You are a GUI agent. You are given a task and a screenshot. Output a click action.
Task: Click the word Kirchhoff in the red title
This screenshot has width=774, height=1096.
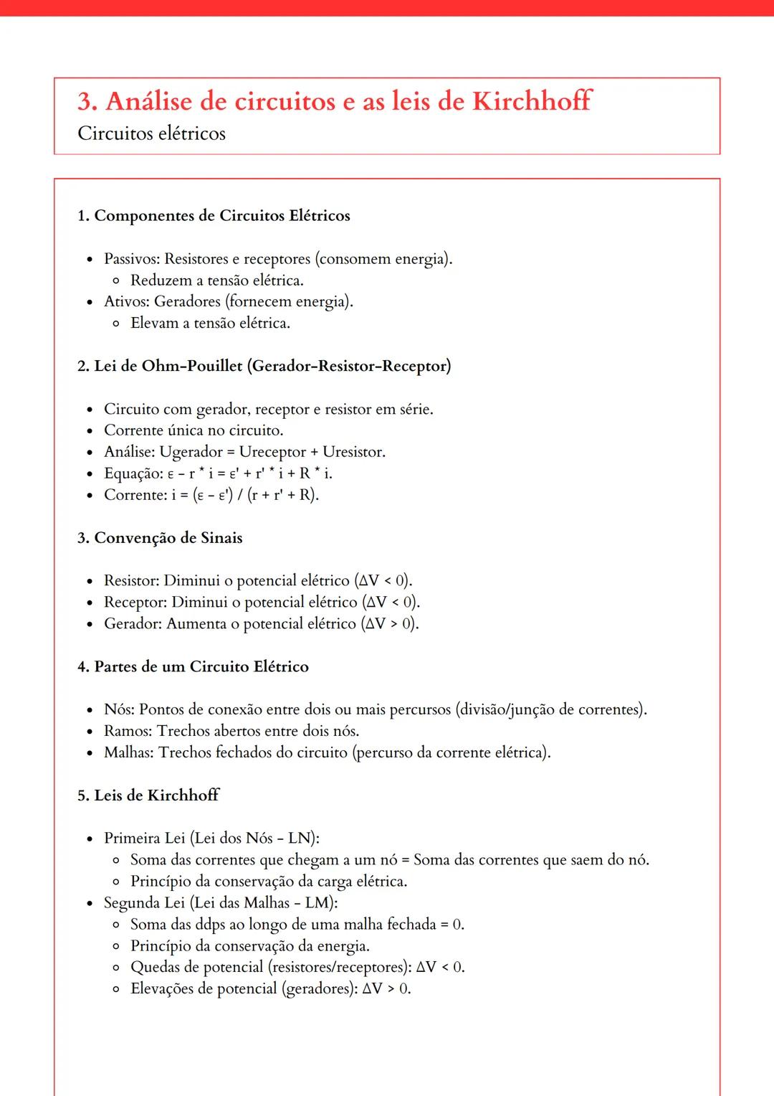tap(531, 101)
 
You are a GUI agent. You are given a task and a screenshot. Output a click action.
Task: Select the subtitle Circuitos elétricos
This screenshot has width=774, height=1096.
tap(151, 133)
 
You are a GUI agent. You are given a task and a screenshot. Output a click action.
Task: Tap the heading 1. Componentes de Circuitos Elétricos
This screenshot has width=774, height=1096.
tap(214, 216)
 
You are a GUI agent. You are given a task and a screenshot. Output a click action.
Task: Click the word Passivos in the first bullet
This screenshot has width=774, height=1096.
tap(131, 259)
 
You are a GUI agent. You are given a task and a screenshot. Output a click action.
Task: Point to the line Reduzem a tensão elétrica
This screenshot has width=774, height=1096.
tap(216, 280)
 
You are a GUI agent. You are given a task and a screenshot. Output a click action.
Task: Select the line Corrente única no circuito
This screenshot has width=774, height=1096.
tap(193, 430)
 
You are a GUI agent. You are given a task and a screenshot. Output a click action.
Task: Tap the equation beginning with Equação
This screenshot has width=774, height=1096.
tap(218, 473)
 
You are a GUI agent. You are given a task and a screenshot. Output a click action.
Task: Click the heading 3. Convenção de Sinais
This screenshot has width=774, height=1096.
tap(160, 538)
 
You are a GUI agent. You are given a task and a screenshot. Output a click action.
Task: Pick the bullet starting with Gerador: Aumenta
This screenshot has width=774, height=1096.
tap(261, 624)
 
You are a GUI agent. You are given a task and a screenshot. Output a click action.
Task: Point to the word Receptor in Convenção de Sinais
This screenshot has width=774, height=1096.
tap(134, 603)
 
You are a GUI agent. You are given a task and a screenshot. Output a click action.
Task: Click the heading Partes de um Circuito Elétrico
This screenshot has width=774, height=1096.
tap(201, 667)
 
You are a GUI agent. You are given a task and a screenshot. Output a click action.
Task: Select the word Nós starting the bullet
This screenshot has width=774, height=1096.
tap(118, 710)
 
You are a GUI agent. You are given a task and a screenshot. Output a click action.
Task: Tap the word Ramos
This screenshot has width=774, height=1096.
tap(127, 732)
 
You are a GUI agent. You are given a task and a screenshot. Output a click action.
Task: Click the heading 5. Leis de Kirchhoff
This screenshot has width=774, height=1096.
tap(148, 795)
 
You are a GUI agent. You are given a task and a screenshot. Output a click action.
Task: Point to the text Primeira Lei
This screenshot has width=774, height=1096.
tap(144, 838)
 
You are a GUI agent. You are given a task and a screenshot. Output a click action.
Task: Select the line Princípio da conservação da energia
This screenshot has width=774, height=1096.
tap(249, 946)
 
